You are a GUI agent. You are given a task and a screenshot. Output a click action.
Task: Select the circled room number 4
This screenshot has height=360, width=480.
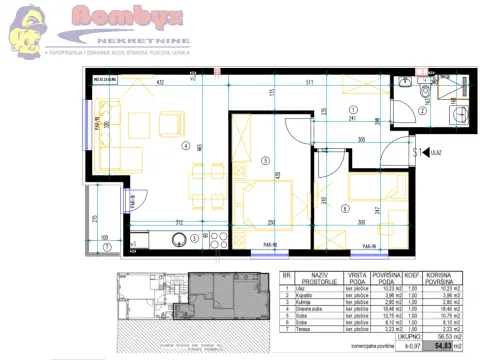tap(185, 146)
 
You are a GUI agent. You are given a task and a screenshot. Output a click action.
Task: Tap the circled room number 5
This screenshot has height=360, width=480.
tap(265, 160)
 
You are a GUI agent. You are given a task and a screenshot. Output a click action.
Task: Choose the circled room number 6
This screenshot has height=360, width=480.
tap(345, 208)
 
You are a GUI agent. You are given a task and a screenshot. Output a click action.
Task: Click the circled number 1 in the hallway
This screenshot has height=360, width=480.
tap(352, 109)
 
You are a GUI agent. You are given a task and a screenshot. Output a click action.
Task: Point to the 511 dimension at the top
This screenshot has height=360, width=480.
tap(312, 81)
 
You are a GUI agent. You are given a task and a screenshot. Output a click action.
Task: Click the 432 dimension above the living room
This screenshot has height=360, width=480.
tap(162, 81)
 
